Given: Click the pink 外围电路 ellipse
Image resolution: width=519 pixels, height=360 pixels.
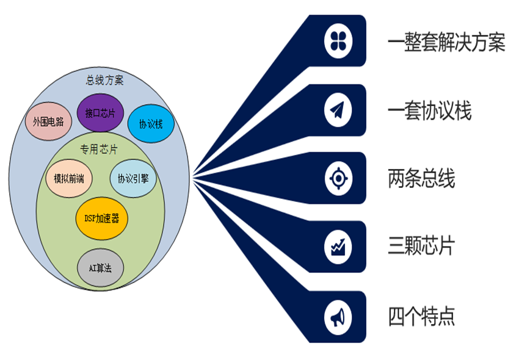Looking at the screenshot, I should (48, 121).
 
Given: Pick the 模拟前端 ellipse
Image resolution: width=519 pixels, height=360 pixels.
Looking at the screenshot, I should (68, 179).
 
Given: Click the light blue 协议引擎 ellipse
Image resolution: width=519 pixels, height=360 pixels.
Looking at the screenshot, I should (133, 179).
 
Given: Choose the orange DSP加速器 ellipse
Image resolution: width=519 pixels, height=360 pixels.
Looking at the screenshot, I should (101, 218).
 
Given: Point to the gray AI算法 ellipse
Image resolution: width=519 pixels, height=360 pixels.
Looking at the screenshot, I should (101, 268).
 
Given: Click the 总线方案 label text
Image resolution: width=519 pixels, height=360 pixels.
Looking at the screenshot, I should (104, 80).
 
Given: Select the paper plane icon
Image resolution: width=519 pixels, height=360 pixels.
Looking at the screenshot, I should (338, 110).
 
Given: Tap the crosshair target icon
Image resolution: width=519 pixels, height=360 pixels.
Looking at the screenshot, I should (338, 179).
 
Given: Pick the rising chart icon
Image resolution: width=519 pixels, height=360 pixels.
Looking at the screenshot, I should (338, 247).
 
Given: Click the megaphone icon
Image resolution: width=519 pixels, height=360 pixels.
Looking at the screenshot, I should (338, 317).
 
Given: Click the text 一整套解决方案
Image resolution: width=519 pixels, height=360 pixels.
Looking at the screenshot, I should (446, 43).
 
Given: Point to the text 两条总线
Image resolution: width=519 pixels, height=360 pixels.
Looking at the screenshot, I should (421, 179).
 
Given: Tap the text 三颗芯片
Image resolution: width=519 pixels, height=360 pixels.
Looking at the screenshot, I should (421, 247).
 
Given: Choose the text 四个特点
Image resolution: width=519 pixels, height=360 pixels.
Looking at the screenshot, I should (421, 317).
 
